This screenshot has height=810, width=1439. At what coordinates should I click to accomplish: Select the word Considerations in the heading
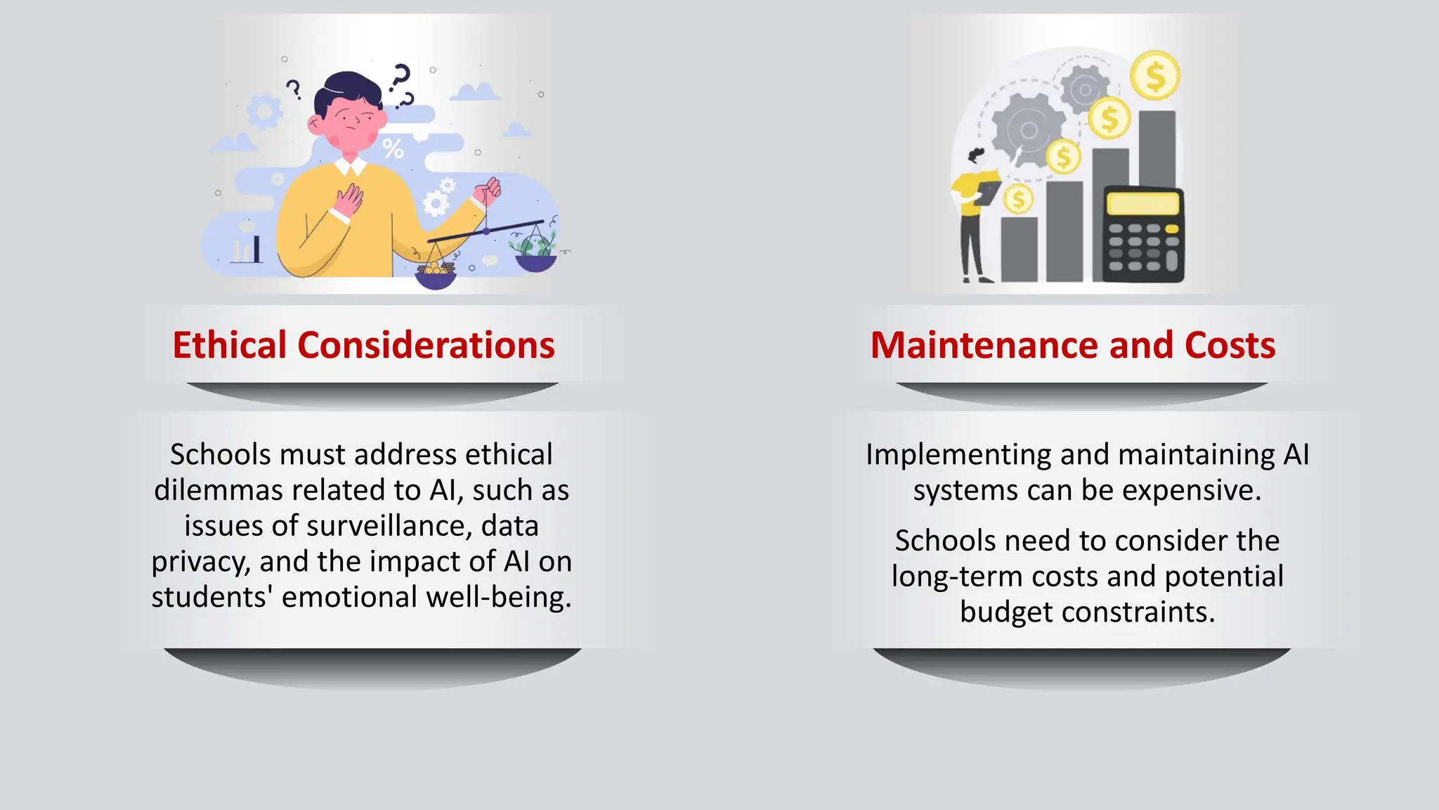[x=426, y=345]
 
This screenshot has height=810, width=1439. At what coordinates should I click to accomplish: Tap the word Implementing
[x=958, y=454]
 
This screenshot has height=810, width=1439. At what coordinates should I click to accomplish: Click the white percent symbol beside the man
[x=393, y=148]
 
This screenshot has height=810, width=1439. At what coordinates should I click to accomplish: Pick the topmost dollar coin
[x=1154, y=75]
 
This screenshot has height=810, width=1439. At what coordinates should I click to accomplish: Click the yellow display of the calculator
[x=1142, y=204]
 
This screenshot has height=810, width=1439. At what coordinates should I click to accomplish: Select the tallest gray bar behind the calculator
[x=1157, y=148]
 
